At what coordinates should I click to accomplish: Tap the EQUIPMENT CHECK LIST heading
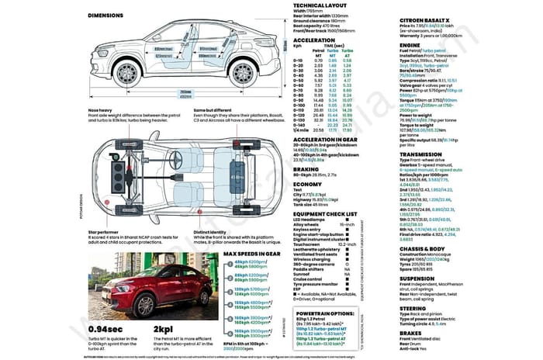tap(325, 213)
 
